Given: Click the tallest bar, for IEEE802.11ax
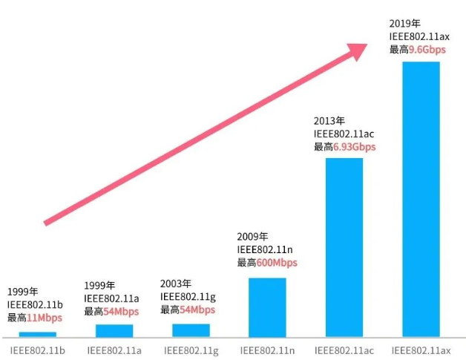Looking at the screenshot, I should pyautogui.click(x=421, y=199).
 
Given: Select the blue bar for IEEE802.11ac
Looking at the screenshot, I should pyautogui.click(x=344, y=247).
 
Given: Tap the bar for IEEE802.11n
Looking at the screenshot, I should pyautogui.click(x=266, y=307).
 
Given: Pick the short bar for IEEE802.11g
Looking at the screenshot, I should pyautogui.click(x=191, y=330).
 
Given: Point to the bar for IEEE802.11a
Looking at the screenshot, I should pyautogui.click(x=114, y=330).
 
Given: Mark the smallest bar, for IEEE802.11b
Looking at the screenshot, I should pyautogui.click(x=37, y=334).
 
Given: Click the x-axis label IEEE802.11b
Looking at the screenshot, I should pyautogui.click(x=37, y=350).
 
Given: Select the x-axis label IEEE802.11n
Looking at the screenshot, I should pyautogui.click(x=266, y=350).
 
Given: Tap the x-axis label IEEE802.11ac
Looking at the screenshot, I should pyautogui.click(x=344, y=350).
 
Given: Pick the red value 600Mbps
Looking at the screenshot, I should pyautogui.click(x=277, y=263).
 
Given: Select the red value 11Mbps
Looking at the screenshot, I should pyautogui.click(x=45, y=318).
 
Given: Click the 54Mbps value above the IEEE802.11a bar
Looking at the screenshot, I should pyautogui.click(x=121, y=311).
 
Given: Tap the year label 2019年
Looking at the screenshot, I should pyautogui.click(x=404, y=23).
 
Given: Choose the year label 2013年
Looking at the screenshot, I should pyautogui.click(x=328, y=120).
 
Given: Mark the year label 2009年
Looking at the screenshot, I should pyautogui.click(x=252, y=236).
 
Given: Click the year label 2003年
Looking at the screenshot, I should pyautogui.click(x=176, y=284).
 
